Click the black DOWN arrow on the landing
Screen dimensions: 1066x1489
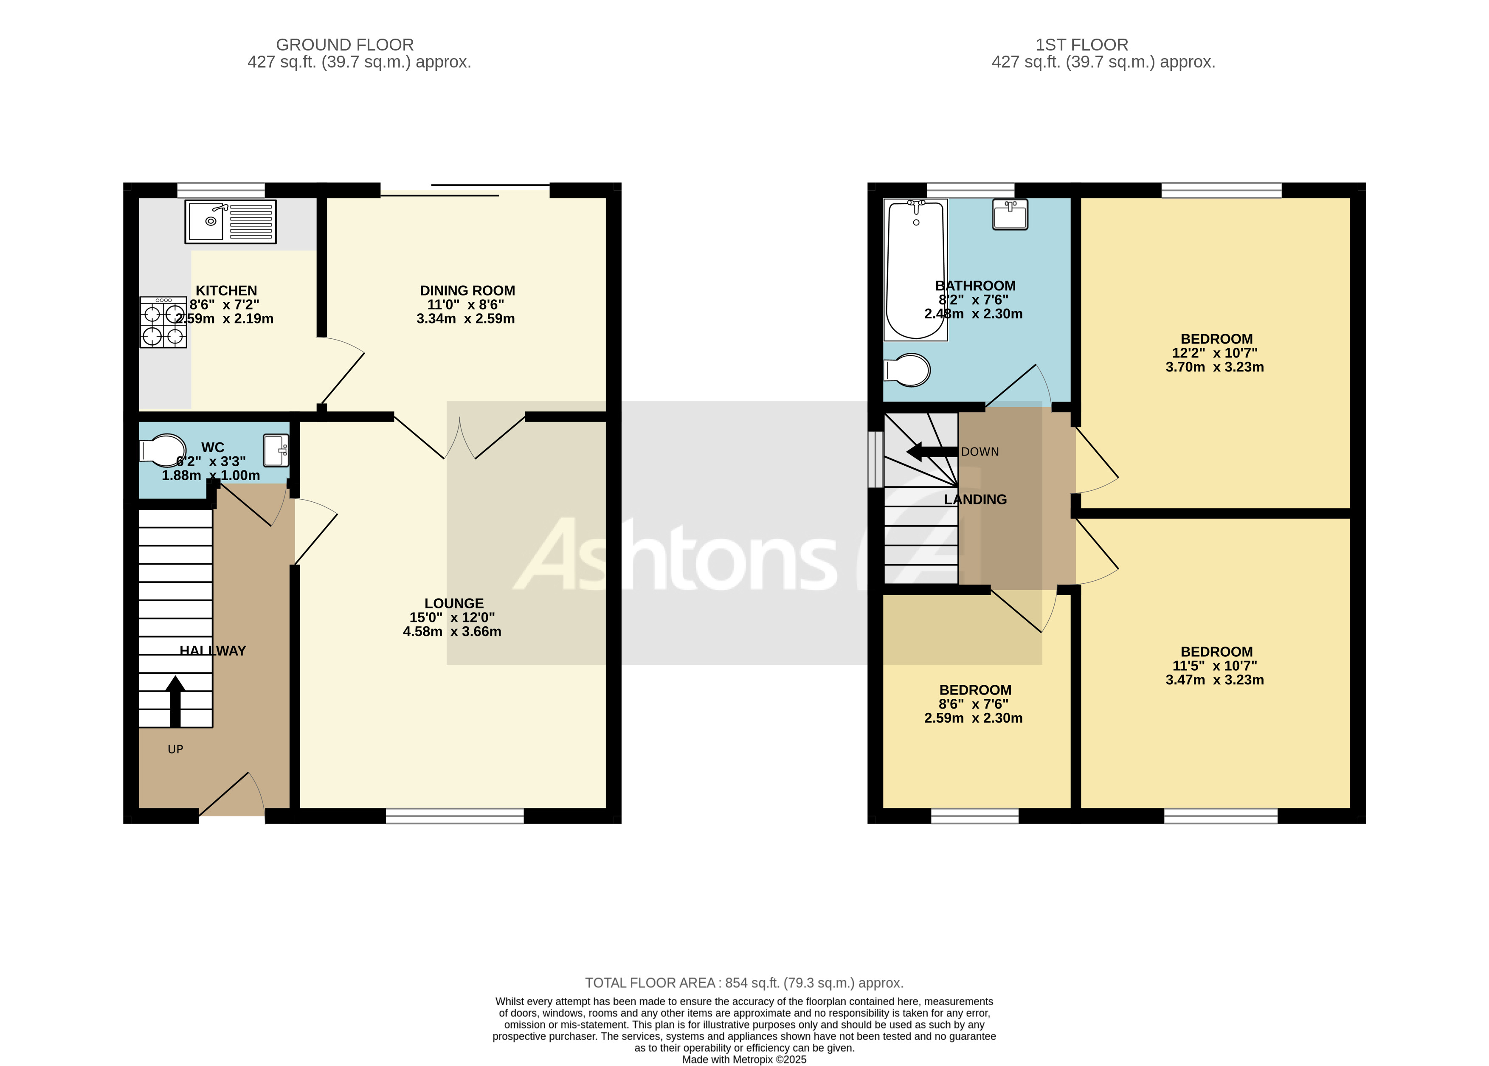click(931, 452)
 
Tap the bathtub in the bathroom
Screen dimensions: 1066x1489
click(915, 270)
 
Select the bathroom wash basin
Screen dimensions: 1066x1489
click(1010, 215)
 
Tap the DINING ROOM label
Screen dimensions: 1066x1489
click(467, 290)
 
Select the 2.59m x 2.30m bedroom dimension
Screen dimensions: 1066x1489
click(973, 718)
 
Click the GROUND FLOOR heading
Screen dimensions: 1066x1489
click(345, 45)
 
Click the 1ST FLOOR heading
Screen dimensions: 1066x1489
click(1081, 45)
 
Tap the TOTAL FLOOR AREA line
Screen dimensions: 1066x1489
click(744, 983)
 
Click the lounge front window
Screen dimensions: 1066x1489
click(454, 816)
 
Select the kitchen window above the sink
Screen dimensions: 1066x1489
click(221, 190)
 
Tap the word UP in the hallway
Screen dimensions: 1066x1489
click(175, 749)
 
